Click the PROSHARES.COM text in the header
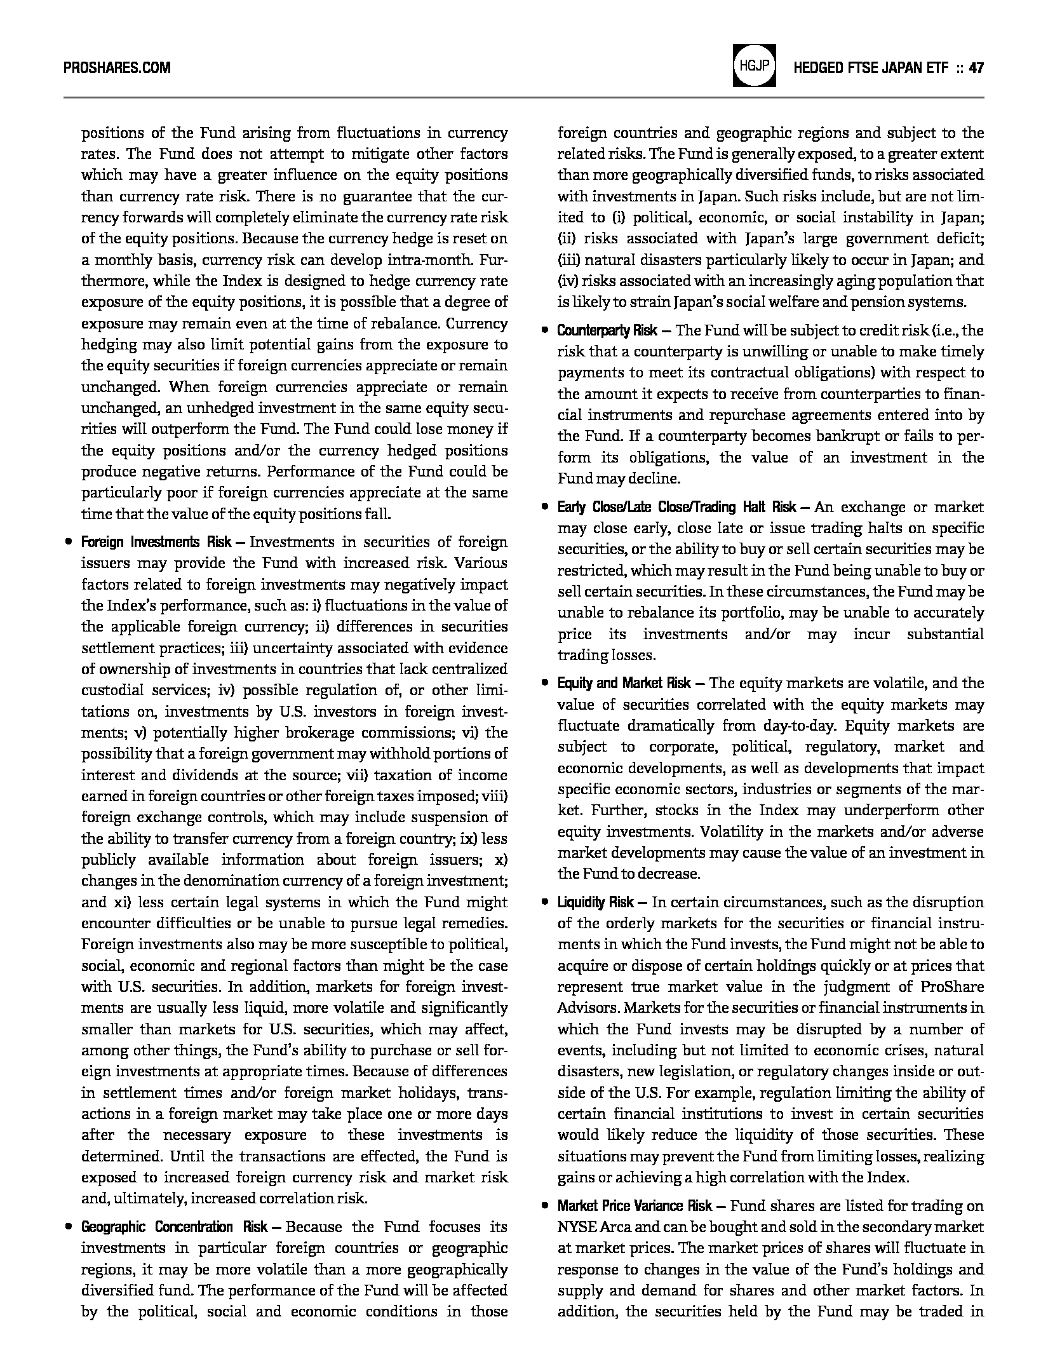pyautogui.click(x=117, y=68)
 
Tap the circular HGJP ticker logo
pyautogui.click(x=754, y=65)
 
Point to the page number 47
pyautogui.click(x=976, y=68)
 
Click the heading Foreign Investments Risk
pyautogui.click(x=156, y=542)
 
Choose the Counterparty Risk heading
pyautogui.click(x=607, y=330)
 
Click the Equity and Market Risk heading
pyautogui.click(x=624, y=683)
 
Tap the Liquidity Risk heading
pyautogui.click(x=595, y=902)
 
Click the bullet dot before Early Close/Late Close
pyautogui.click(x=545, y=507)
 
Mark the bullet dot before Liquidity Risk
pyautogui.click(x=545, y=902)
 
